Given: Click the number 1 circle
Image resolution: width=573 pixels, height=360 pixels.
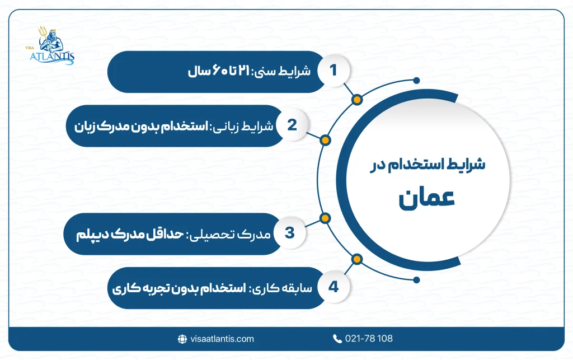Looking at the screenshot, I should tap(334, 71).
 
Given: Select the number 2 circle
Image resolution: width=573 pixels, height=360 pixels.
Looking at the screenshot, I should tap(291, 125).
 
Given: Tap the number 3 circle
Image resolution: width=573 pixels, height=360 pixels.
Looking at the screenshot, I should tap(290, 232).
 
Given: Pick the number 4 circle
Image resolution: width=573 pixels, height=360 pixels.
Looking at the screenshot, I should tap(334, 287).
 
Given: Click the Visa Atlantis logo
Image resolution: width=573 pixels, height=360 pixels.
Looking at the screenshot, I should tap(54, 46).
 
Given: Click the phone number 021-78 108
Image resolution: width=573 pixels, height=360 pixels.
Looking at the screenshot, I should tap(370, 339).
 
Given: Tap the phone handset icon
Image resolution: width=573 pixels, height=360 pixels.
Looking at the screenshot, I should tap(337, 339).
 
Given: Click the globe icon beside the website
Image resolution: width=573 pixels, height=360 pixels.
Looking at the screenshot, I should tap(182, 339).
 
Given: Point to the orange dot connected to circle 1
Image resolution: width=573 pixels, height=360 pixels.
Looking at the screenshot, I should tap(356, 100).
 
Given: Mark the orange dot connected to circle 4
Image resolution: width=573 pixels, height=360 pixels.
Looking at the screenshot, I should tap(356, 258).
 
